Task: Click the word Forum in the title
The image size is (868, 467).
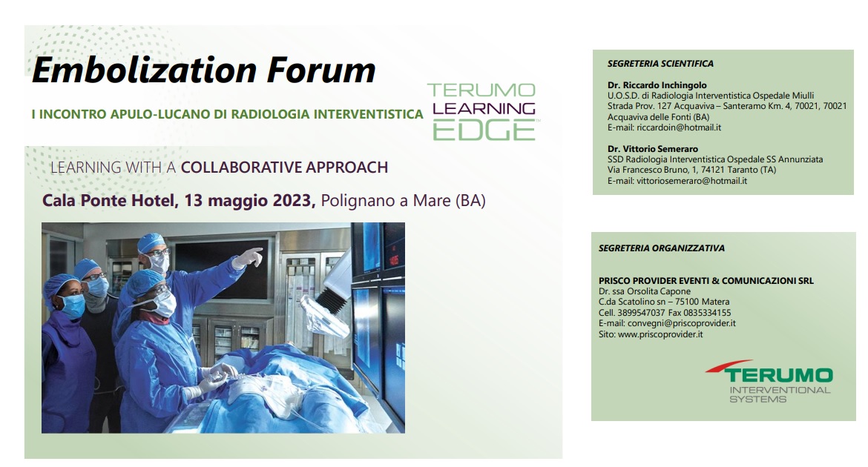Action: pos(321,70)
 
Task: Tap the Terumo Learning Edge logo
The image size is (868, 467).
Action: pos(481,111)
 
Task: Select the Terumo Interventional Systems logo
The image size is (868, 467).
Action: pos(770,382)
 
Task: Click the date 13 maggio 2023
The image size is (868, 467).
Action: pos(250,200)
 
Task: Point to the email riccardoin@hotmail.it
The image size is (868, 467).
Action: pos(679,127)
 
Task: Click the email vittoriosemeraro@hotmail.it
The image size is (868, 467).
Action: pos(691,180)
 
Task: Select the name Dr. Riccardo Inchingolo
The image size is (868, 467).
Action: pos(657,85)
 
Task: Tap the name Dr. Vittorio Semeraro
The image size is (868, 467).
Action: pos(653,149)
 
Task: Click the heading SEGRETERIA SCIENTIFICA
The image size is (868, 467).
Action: pos(660,64)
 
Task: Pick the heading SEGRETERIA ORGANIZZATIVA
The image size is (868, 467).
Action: pos(662,248)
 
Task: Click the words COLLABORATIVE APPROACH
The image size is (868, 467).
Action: pos(285,167)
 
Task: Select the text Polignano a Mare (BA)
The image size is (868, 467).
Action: pos(403,200)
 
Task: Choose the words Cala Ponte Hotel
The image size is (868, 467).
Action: pos(108,200)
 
